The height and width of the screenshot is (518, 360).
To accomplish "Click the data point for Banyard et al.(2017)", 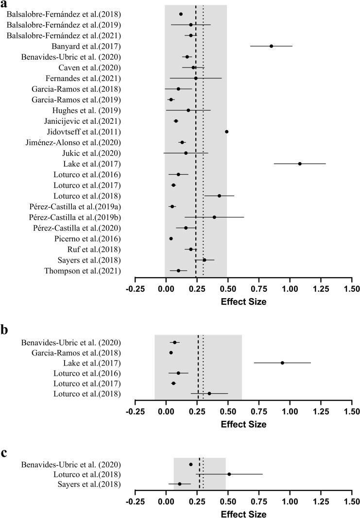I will (272, 46).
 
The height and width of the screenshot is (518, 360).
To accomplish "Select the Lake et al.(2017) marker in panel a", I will (300, 164).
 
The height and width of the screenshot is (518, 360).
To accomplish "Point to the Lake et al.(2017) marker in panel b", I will (282, 363).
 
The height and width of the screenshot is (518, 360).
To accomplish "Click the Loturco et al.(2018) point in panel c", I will (229, 474).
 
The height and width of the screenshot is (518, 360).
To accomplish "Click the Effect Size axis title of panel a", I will (243, 301).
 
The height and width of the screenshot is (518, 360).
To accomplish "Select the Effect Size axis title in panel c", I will (243, 513).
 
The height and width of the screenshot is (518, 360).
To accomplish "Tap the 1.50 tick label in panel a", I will (352, 290).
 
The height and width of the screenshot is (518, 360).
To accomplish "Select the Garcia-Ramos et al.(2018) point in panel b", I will (171, 352).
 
